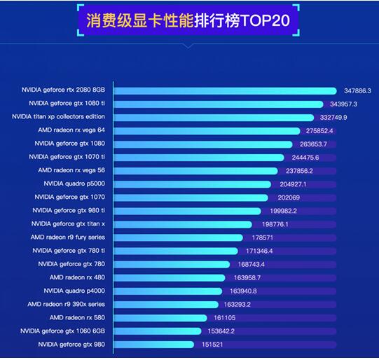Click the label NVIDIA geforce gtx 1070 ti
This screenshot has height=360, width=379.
[67, 157]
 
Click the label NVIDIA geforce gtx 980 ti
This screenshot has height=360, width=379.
[69, 210]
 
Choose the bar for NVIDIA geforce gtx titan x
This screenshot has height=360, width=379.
[183, 223]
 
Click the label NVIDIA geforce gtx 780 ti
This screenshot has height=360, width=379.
[69, 250]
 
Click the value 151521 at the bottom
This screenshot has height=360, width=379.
[211, 344]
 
